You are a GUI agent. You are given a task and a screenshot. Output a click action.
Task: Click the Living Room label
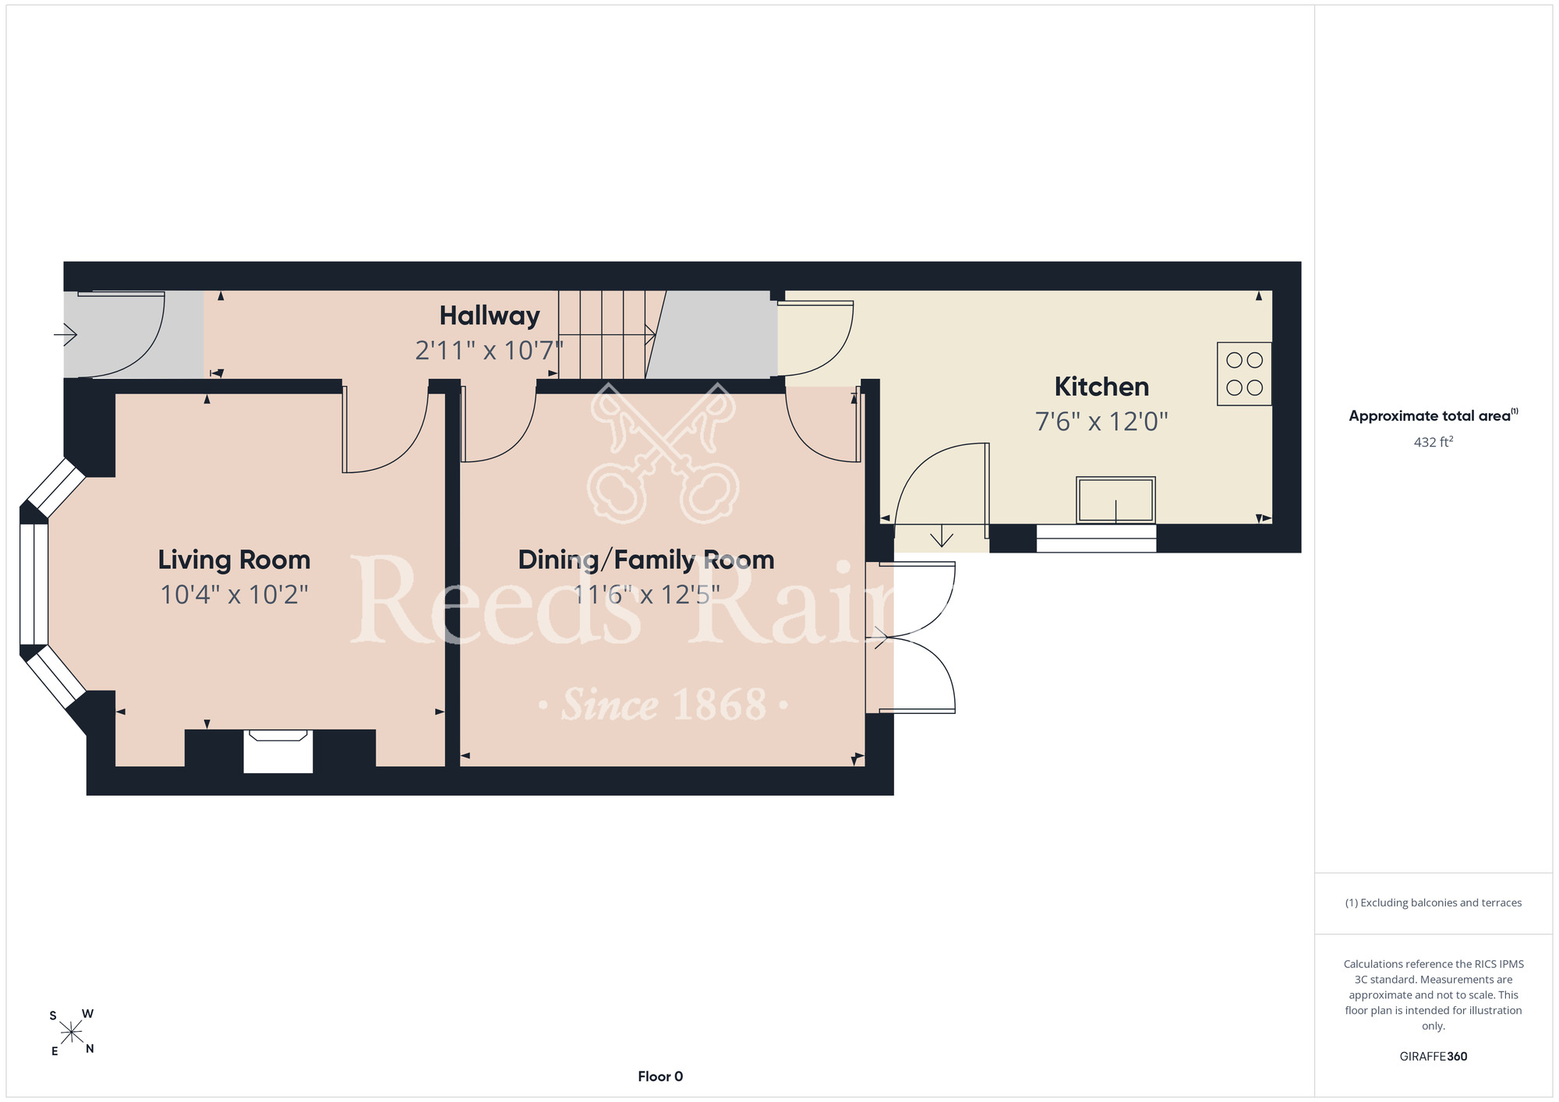[234, 560]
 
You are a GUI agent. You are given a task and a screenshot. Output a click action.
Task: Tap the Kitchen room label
[1101, 387]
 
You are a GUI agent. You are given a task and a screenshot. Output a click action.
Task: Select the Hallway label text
[490, 316]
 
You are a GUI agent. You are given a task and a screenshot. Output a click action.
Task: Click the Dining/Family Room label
[646, 560]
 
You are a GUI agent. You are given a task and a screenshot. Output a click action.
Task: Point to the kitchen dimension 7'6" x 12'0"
[1101, 422]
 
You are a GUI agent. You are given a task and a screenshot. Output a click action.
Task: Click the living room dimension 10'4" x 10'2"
[234, 595]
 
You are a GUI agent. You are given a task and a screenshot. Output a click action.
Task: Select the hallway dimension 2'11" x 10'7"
[489, 351]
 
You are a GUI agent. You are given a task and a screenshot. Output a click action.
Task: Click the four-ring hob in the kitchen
[1244, 373]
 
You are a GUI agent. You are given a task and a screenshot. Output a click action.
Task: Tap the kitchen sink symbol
[1115, 500]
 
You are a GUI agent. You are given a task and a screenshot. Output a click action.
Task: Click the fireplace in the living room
[278, 751]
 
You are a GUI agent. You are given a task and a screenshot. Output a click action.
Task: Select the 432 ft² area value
[1434, 442]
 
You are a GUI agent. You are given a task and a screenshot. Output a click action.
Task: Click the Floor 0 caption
[660, 1076]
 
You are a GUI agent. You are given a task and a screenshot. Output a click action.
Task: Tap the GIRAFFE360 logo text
[1434, 1057]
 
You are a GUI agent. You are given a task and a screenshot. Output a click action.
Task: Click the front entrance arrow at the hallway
[65, 335]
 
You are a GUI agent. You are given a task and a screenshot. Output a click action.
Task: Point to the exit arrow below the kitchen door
[942, 536]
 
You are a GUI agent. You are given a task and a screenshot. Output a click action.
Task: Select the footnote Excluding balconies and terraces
[1434, 902]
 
